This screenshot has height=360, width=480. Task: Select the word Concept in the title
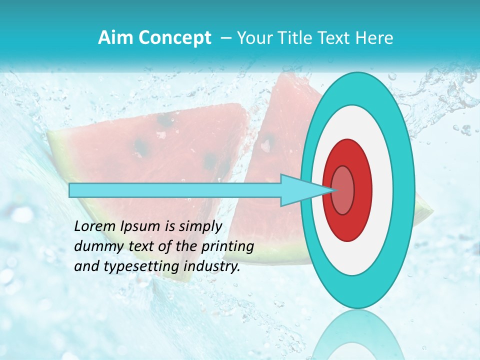tap(173, 38)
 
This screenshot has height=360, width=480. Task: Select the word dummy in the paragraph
tap(95, 246)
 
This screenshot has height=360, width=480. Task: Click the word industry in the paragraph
tap(211, 266)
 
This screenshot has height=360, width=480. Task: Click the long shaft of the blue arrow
tap(175, 190)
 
